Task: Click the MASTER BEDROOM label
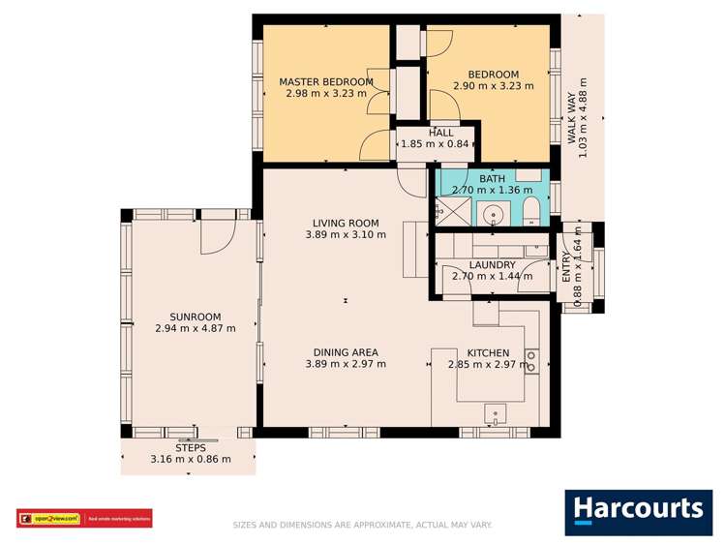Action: click(326, 81)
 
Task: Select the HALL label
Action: click(440, 133)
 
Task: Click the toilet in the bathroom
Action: click(530, 215)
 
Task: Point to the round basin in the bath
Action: click(494, 216)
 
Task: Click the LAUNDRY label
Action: click(493, 264)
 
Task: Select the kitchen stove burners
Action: click(530, 360)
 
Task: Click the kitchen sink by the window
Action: click(496, 415)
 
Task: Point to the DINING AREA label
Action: click(346, 352)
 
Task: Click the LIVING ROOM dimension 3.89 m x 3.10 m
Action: click(346, 234)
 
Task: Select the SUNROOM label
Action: click(196, 317)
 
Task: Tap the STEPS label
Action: click(191, 447)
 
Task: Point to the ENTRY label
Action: click(566, 266)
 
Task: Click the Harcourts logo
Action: click(638, 510)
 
